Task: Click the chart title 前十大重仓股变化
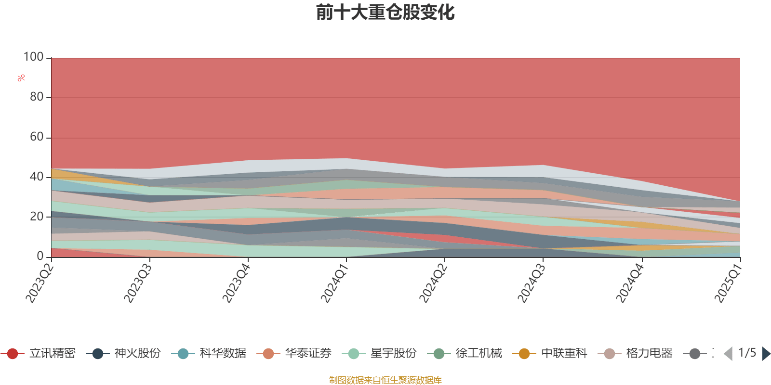[x=385, y=13]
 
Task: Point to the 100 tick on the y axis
[x=34, y=57]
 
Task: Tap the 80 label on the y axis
[x=37, y=97]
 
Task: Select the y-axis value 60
[x=37, y=137]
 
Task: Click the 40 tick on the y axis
[x=37, y=177]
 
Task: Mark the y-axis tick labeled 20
[x=37, y=217]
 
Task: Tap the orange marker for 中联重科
[x=524, y=354]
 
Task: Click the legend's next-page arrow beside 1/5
[x=766, y=354]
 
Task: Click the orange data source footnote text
[x=385, y=380]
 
